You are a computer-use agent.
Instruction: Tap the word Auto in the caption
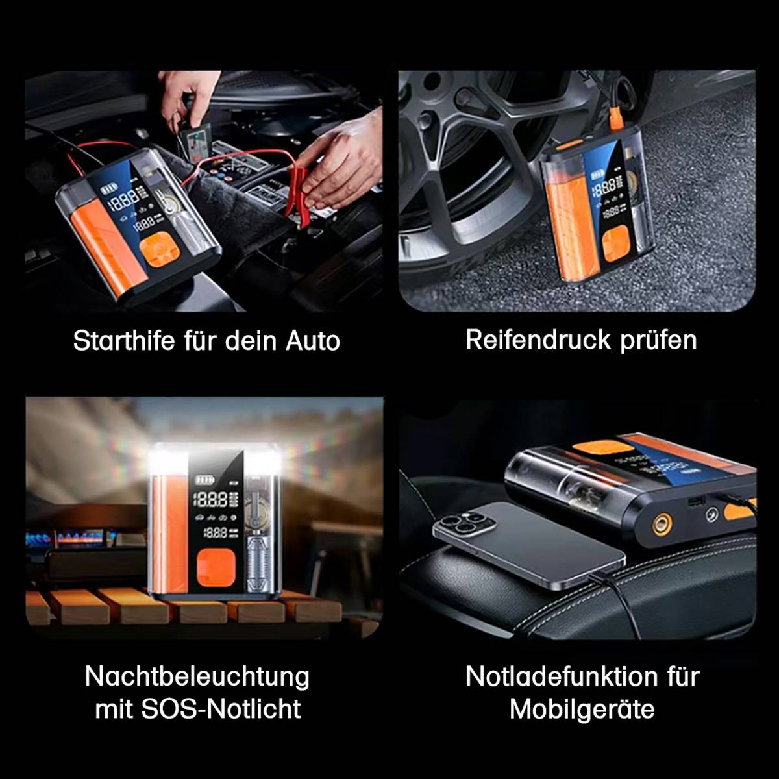point(313,341)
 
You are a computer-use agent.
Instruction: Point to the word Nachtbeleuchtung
point(197,676)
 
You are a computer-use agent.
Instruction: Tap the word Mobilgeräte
point(582,708)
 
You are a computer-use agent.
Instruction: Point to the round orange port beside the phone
point(662,523)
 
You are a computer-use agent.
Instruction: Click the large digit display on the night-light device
point(211,499)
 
